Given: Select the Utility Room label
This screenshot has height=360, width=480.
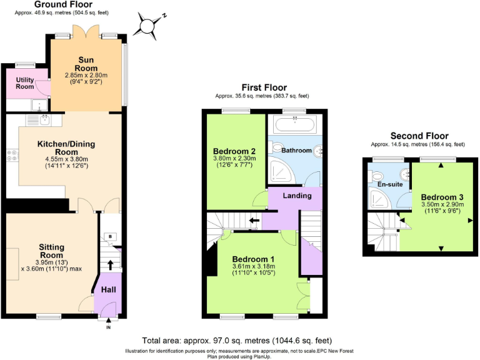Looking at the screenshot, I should (x=25, y=84).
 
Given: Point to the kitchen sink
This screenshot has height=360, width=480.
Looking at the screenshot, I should (x=44, y=119).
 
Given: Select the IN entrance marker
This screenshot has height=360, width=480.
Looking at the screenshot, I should (x=108, y=327).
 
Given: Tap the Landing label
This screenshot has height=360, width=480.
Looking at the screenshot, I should (x=297, y=196).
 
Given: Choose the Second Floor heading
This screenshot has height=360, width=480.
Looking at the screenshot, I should (x=419, y=136).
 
